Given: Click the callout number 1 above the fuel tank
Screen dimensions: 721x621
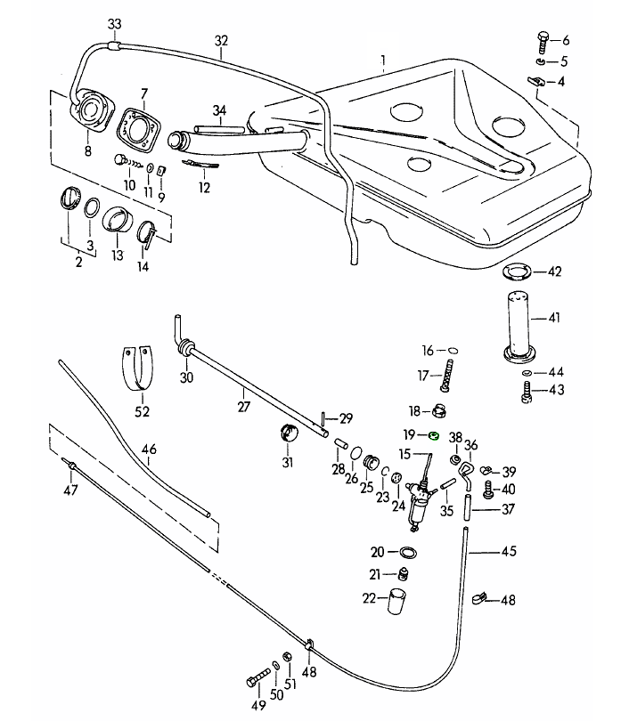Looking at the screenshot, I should [382, 61].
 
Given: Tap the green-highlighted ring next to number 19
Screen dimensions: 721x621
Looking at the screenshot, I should [433, 435].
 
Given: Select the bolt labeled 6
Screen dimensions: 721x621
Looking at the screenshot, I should [543, 39].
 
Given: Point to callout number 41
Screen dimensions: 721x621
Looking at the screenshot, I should [554, 317].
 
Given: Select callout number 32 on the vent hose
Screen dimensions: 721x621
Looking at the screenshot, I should [222, 40].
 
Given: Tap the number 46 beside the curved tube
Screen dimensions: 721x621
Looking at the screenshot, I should [149, 450].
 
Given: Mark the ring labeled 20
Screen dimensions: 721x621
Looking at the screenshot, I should [408, 552].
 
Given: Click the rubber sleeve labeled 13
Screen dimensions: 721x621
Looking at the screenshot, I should [118, 219].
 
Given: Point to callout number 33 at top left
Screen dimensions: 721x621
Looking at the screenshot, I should [113, 22].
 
